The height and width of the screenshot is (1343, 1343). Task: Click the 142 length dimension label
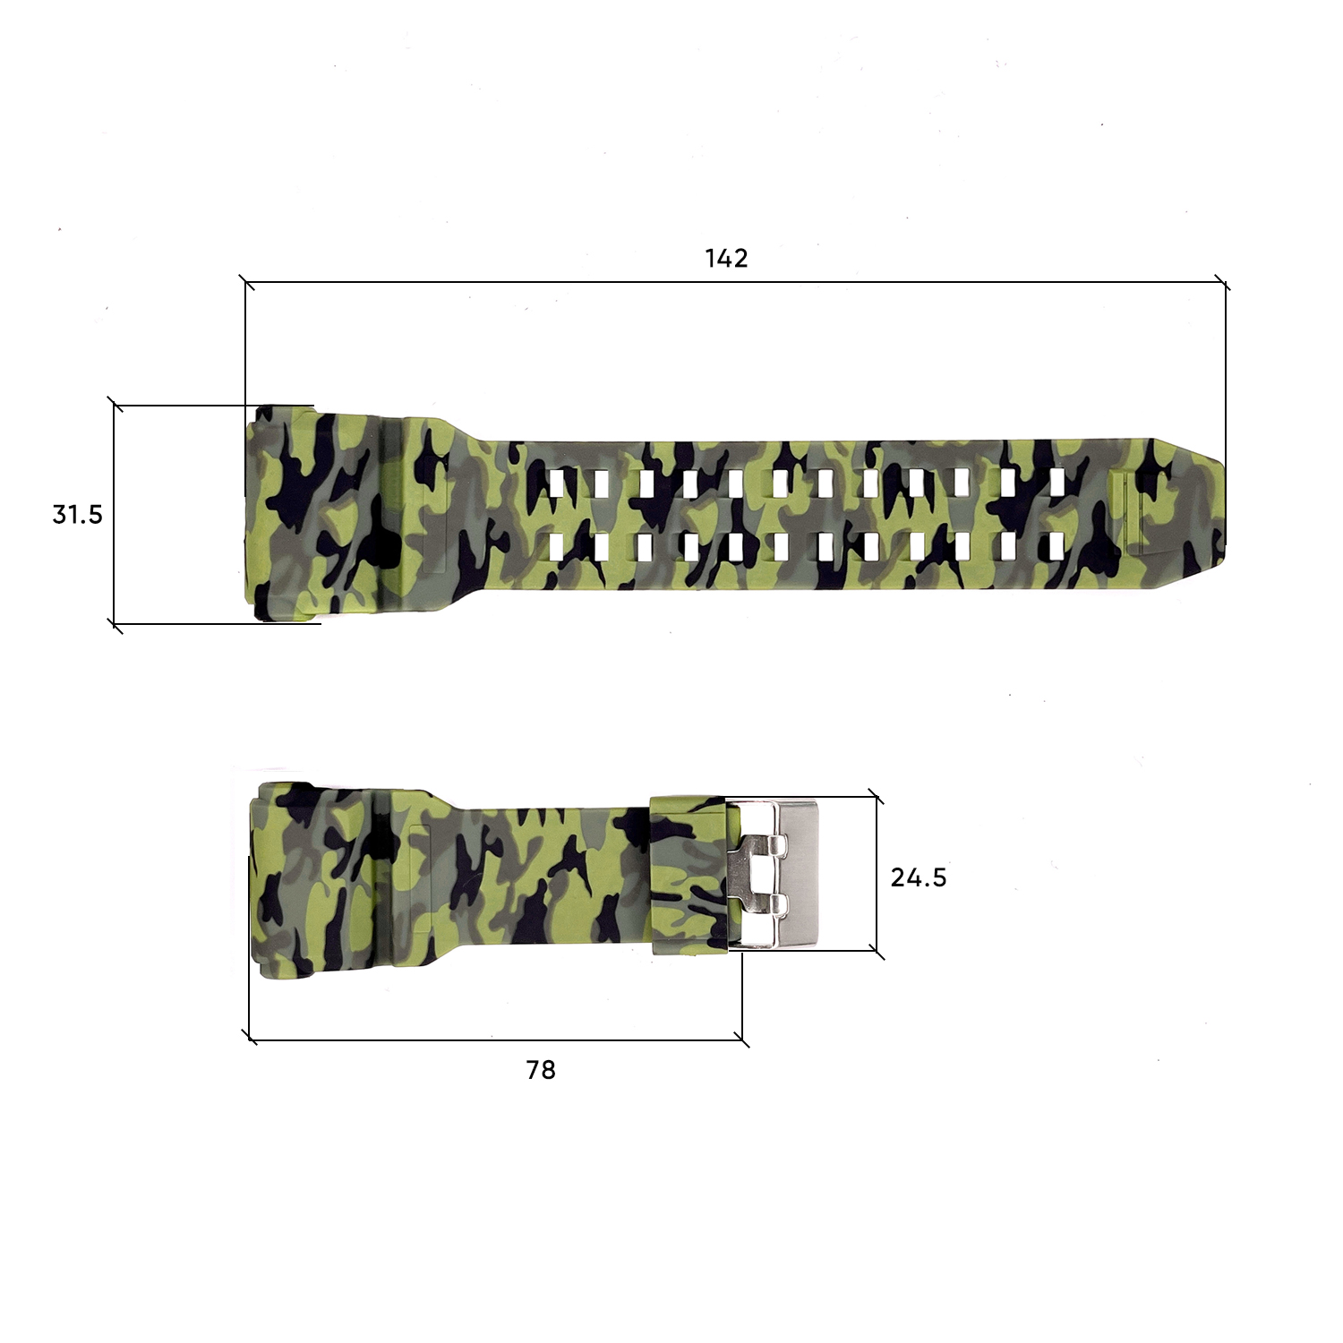[726, 259]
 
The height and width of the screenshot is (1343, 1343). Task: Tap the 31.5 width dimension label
[78, 515]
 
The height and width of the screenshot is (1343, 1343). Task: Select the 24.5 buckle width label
[918, 877]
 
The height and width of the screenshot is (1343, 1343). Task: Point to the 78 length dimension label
[541, 1070]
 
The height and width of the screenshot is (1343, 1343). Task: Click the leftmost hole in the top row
[558, 483]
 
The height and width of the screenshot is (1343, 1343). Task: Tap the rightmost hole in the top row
[1056, 482]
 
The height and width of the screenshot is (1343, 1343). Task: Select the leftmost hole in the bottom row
[558, 546]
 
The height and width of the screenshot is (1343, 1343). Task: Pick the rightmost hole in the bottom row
[1056, 545]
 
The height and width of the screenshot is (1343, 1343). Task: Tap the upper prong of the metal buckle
[761, 846]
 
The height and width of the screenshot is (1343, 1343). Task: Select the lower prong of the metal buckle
[761, 903]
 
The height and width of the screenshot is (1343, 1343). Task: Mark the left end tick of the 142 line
[246, 283]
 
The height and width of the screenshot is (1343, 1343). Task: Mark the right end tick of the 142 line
[1225, 283]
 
